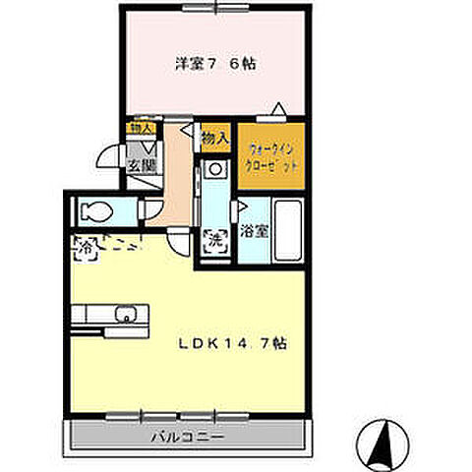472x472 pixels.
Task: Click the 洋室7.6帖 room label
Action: click(215, 64)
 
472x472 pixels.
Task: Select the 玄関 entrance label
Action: click(136, 165)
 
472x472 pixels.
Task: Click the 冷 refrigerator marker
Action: click(84, 250)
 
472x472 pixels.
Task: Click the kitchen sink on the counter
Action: click(125, 316)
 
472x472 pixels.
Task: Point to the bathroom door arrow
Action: click(242, 207)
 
